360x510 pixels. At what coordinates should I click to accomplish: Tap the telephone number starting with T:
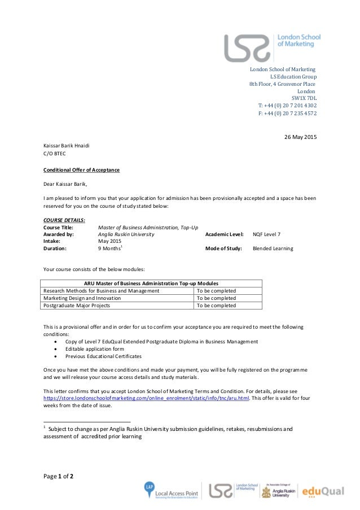[x=287, y=106]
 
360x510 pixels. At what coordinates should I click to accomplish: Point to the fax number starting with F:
[x=287, y=113]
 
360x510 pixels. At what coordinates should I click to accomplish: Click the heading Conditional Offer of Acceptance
[x=81, y=170]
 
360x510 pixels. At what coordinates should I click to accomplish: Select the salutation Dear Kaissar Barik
[x=65, y=184]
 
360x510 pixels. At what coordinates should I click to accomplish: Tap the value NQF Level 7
[x=266, y=234]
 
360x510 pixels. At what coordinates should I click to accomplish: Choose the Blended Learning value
[x=273, y=249]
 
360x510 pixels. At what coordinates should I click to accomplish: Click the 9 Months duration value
[x=110, y=249]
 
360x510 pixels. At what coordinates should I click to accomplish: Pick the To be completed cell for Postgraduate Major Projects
[x=216, y=306]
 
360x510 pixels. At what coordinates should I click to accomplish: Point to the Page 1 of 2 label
[x=59, y=476]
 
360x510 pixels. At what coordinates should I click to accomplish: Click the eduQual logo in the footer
[x=323, y=491]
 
